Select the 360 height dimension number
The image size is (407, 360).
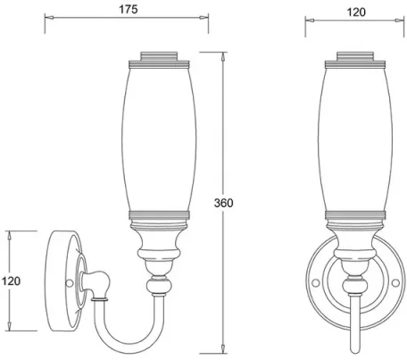(x=225, y=203)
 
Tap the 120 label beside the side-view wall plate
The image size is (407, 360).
(x=12, y=280)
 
